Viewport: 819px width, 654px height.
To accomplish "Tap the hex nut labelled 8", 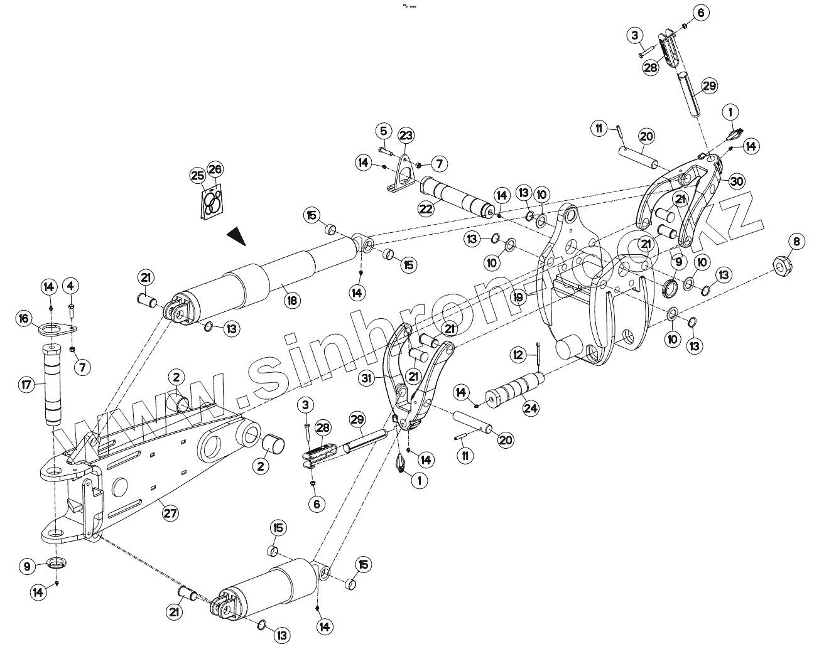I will (781, 266).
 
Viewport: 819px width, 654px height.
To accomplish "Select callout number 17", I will (26, 383).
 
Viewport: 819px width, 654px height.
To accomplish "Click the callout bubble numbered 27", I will (170, 513).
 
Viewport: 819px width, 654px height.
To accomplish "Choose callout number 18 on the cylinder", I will (291, 301).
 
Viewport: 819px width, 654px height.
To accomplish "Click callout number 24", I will (531, 408).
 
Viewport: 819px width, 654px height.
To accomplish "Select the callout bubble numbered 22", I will (426, 208).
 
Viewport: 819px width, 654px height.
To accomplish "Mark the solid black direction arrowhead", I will (236, 236).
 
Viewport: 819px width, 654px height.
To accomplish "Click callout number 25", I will (198, 175).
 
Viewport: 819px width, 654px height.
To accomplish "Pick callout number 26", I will (215, 169).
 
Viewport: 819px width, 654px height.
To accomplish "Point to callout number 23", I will (406, 136).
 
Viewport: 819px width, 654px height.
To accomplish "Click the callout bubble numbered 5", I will (384, 131).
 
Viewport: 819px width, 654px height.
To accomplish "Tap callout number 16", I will (24, 319).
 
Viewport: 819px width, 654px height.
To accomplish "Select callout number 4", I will (70, 286).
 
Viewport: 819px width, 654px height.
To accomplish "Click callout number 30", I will (736, 181).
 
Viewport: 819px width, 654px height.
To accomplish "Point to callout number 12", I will (518, 355).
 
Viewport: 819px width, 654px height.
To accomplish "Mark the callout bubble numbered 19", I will (518, 297).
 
